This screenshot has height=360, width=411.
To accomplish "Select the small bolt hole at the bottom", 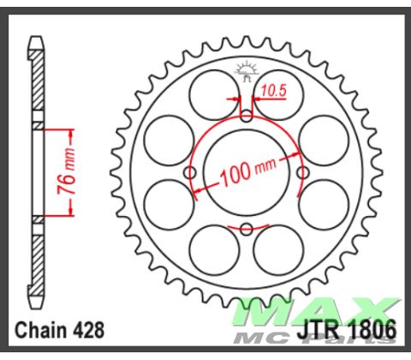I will pos(247,228).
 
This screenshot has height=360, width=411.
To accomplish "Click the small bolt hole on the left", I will pos(191,172).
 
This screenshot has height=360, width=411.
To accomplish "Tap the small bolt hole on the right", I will pos(302,172).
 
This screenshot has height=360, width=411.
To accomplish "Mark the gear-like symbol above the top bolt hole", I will pos(247,70).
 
